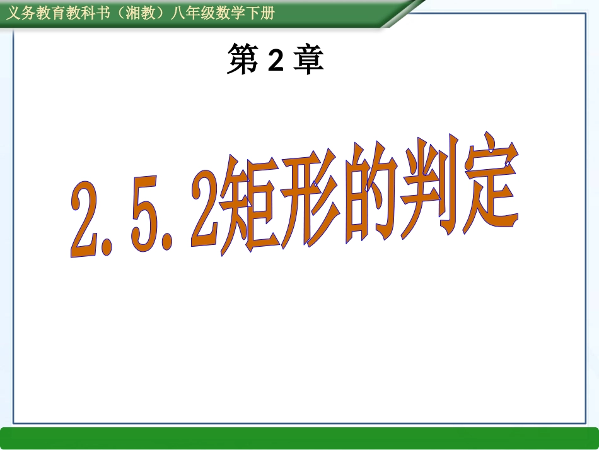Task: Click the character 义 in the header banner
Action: [x=13, y=13]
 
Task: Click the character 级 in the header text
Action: [x=207, y=13]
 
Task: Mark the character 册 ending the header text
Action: [x=268, y=13]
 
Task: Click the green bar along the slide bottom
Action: [x=299, y=438]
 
